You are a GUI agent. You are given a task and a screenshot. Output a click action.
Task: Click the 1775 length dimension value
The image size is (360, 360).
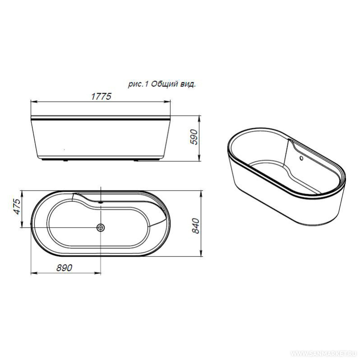click(101, 96)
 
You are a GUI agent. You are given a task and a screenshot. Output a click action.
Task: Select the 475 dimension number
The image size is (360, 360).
click(18, 206)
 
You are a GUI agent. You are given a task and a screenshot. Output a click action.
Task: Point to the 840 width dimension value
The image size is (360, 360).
click(196, 226)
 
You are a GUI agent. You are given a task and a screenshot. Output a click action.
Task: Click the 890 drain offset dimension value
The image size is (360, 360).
click(64, 268)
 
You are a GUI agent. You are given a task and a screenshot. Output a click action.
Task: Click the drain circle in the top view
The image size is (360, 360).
click(101, 228)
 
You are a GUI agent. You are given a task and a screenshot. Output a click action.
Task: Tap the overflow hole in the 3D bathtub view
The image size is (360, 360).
click(301, 158)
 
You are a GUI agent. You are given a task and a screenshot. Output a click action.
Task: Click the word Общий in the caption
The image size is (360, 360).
click(164, 84)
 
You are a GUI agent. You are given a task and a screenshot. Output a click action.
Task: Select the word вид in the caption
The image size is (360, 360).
click(188, 84)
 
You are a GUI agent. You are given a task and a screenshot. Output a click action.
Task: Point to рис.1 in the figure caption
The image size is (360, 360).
click(138, 84)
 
